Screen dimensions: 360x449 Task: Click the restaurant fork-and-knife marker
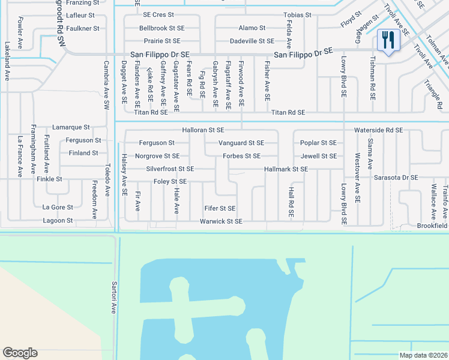pyautogui.click(x=388, y=40)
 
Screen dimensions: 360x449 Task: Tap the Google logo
pyautogui.click(x=20, y=353)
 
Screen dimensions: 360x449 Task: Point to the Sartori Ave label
pyautogui.click(x=113, y=297)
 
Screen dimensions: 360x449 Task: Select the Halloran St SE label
pyautogui.click(x=203, y=130)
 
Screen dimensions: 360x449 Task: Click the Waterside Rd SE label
pyautogui.click(x=378, y=130)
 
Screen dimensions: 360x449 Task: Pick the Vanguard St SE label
pyautogui.click(x=241, y=143)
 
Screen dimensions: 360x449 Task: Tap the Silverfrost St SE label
pyautogui.click(x=170, y=169)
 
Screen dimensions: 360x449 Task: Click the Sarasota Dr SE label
pyautogui.click(x=395, y=178)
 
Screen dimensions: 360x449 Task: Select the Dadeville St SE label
pyautogui.click(x=252, y=41)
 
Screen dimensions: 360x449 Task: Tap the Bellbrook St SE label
pyautogui.click(x=161, y=28)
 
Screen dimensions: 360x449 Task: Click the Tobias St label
pyautogui.click(x=298, y=14)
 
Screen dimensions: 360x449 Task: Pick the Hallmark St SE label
pyautogui.click(x=286, y=169)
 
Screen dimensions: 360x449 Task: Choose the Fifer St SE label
pyautogui.click(x=219, y=208)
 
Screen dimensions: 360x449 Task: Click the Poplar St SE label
pyautogui.click(x=318, y=143)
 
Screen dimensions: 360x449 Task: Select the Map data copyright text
pyautogui.click(x=423, y=355)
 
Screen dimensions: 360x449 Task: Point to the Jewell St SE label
pyautogui.click(x=319, y=156)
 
